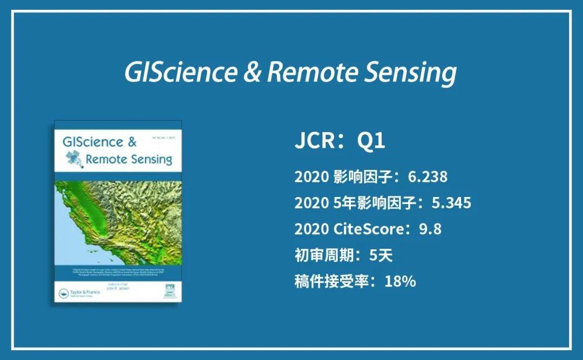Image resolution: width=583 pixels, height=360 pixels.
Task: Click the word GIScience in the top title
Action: coord(180,72)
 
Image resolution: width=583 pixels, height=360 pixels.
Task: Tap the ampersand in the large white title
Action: coord(252,72)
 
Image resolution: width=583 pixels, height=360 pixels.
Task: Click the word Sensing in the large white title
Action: coord(410,73)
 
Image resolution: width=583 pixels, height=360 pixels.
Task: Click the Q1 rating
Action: coord(372,141)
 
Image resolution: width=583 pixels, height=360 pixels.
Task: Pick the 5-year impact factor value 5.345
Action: coord(451,202)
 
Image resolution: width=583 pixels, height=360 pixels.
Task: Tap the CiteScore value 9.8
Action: coord(430,229)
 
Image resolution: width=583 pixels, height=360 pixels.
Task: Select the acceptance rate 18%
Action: coord(400,281)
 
